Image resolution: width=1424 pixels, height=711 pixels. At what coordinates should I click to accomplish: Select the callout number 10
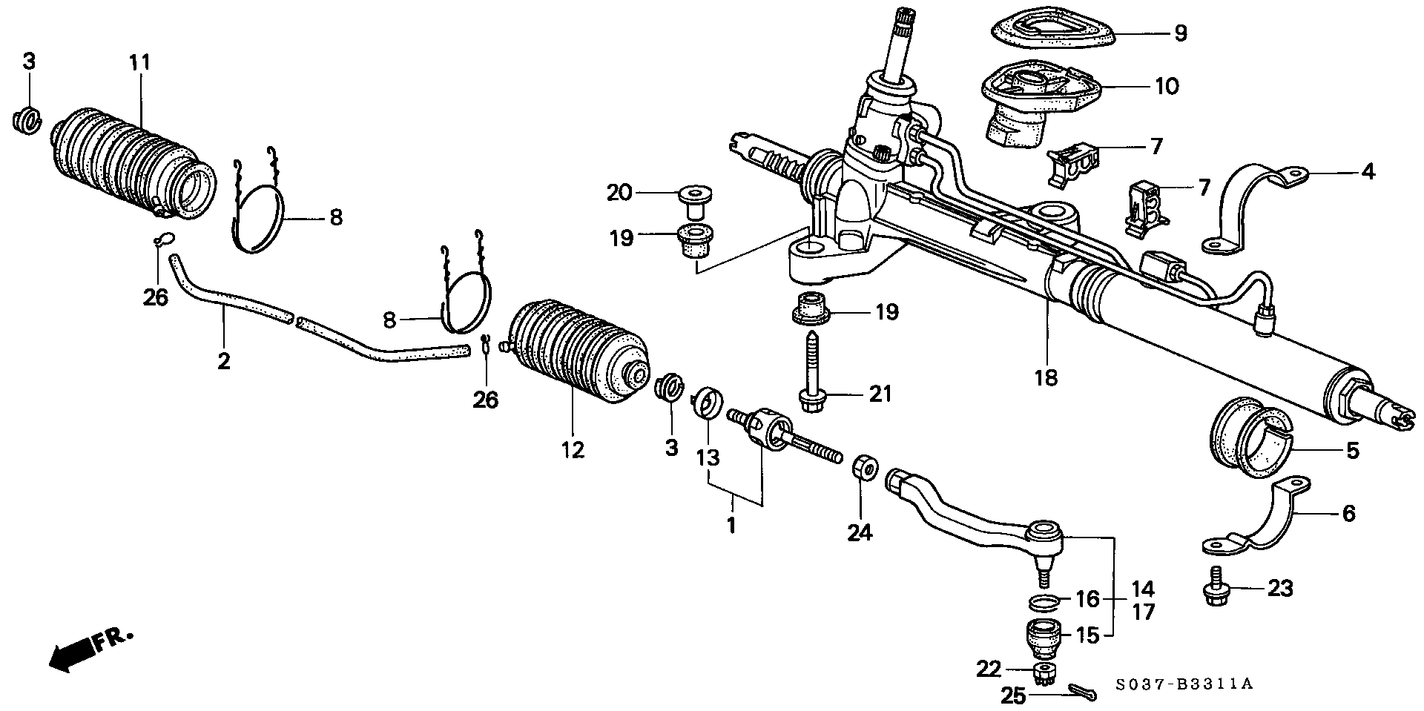[x=1167, y=87]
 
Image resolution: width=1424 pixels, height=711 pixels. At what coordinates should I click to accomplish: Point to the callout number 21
[x=880, y=393]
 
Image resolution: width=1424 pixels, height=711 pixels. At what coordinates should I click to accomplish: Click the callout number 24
[x=860, y=532]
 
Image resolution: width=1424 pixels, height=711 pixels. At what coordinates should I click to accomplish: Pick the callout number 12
[x=573, y=449]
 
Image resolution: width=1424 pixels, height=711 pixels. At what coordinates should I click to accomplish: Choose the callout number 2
[x=223, y=362]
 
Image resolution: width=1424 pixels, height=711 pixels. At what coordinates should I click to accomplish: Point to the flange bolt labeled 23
[x=1215, y=589]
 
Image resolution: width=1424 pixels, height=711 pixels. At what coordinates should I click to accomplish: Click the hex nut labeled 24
[x=863, y=467]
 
